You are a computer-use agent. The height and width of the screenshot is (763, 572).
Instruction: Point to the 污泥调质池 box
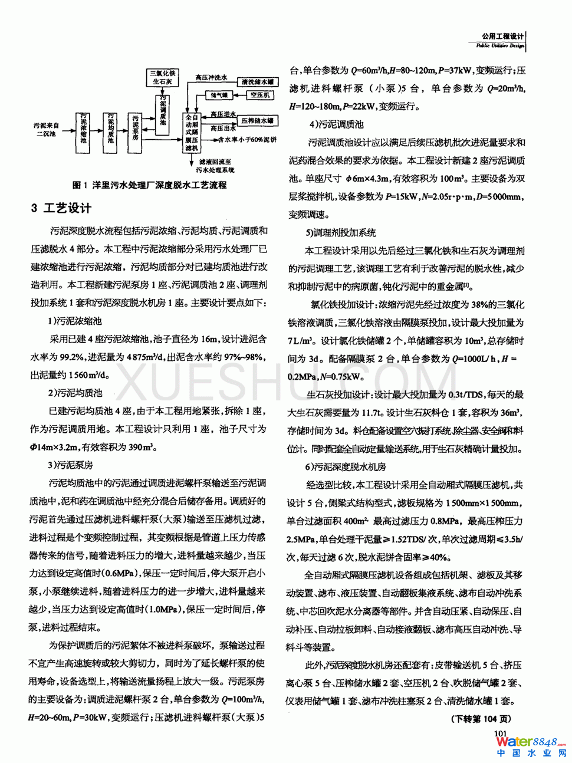(163, 111)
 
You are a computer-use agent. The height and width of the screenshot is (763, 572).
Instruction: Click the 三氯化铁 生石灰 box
(163, 78)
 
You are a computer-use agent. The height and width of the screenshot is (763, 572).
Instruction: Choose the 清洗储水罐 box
(258, 82)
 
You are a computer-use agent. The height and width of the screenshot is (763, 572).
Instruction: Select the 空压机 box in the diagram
(260, 95)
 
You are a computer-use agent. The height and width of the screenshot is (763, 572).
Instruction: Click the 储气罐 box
(219, 95)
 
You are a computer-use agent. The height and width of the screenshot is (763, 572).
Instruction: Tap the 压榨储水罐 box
(258, 121)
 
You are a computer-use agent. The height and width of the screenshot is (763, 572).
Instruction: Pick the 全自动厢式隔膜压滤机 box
(192, 133)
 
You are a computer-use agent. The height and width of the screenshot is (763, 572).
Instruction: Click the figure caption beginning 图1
(149, 185)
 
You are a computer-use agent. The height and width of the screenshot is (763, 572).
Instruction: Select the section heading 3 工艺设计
(61, 208)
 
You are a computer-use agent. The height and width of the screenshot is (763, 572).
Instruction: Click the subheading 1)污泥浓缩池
(75, 321)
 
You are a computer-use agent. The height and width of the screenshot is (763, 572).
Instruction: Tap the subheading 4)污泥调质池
(337, 124)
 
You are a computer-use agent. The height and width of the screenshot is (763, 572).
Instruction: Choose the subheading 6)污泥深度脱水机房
(346, 467)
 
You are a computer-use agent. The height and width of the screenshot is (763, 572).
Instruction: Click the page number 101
(500, 733)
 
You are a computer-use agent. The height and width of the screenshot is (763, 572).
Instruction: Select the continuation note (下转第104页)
(481, 719)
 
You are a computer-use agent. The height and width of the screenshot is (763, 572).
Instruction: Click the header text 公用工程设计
(502, 37)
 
